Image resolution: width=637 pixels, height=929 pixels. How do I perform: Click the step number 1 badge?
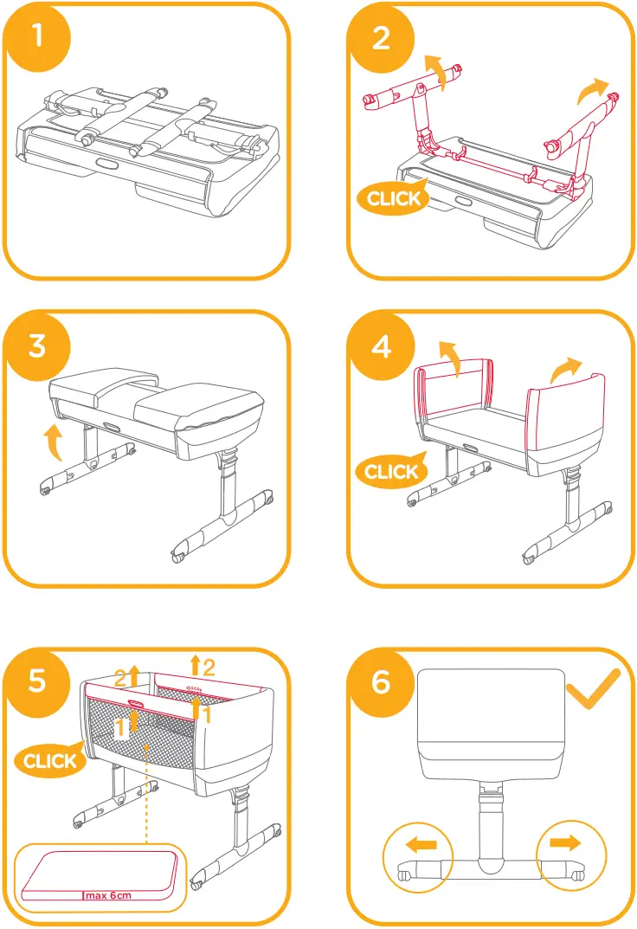(x=36, y=36)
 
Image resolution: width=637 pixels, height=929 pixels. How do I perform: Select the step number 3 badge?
(x=36, y=345)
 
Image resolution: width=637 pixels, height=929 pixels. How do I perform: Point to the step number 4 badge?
(x=381, y=345)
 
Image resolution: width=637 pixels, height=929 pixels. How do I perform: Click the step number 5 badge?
(x=36, y=681)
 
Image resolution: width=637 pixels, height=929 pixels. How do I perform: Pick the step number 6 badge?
(x=381, y=681)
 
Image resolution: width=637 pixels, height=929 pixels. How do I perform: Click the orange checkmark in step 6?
(x=593, y=689)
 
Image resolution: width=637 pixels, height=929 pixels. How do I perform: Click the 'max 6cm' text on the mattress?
(x=108, y=895)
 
